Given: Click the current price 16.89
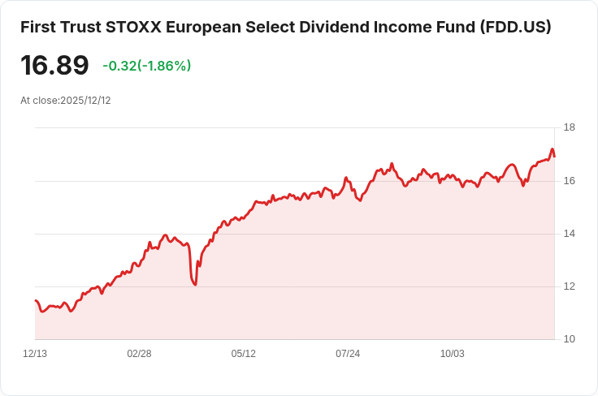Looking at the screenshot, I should [x=54, y=66].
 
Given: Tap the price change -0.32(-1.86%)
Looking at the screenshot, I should [x=147, y=66].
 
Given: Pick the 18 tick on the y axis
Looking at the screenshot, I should [x=570, y=127].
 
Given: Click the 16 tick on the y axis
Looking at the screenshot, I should [x=570, y=180].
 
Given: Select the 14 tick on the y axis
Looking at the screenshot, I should [x=570, y=234].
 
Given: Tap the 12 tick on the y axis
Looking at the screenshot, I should [x=570, y=286].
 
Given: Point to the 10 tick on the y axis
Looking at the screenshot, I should [x=570, y=339].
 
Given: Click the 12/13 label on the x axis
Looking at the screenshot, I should [x=35, y=354].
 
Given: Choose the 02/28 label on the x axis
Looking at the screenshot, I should [x=139, y=354].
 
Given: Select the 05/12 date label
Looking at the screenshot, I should [x=244, y=354].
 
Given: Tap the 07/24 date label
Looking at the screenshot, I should [x=348, y=354].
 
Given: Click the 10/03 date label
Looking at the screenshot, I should [x=453, y=354].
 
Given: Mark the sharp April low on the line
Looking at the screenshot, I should [x=195, y=284].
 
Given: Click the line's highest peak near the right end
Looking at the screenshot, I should [x=552, y=149].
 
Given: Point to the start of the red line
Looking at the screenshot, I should [x=36, y=300].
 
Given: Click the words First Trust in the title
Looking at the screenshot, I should [x=60, y=27].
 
